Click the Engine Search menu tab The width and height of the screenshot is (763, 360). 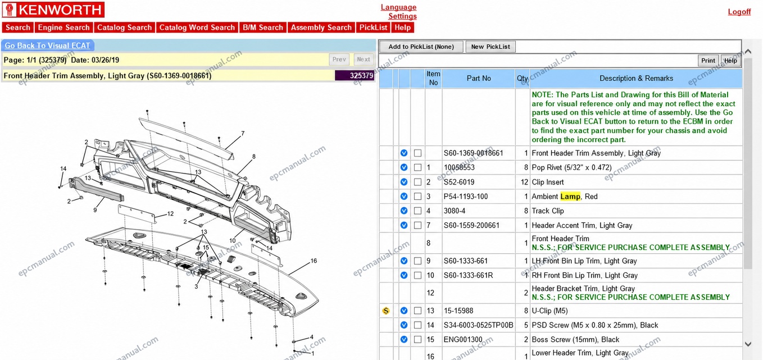[x=63, y=28]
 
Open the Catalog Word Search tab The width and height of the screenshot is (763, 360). [x=197, y=28]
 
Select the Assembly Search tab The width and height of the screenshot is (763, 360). [x=321, y=28]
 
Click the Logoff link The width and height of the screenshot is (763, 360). [x=739, y=12]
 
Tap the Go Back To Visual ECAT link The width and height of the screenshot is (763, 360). [x=47, y=45]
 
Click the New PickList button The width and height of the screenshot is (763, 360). [x=490, y=47]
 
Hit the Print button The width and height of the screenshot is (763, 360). [x=708, y=61]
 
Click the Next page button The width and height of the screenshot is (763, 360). [x=364, y=60]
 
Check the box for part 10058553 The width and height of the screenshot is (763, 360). [x=417, y=167]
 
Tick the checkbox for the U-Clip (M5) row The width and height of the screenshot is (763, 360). [x=417, y=311]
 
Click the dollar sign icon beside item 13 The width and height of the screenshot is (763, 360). [x=386, y=311]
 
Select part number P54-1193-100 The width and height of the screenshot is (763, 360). [x=466, y=197]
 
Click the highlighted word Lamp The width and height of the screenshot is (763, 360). [x=570, y=197]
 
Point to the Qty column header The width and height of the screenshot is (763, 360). [x=522, y=78]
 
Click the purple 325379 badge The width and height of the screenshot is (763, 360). [x=355, y=75]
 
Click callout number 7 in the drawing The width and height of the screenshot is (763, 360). [x=243, y=134]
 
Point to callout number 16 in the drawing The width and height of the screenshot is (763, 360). [x=314, y=261]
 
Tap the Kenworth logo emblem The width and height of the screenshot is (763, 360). [x=9, y=10]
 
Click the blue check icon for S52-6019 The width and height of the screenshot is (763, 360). [x=404, y=182]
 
